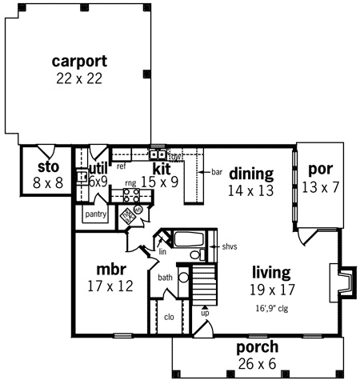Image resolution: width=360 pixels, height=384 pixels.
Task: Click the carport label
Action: coord(79,61)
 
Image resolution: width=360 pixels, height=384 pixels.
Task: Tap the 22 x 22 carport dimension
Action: coord(79,78)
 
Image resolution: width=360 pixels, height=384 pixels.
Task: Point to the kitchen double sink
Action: coord(158,155)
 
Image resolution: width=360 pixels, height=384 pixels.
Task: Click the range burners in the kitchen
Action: coord(130,198)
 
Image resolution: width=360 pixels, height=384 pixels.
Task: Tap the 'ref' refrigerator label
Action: coord(122,167)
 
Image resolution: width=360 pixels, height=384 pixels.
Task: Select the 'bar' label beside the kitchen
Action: coord(216,171)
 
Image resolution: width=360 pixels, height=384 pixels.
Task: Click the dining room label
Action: coord(251,174)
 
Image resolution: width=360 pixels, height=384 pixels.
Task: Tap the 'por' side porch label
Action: coord(320,170)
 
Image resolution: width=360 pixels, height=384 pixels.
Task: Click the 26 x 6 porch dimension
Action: coord(257,363)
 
